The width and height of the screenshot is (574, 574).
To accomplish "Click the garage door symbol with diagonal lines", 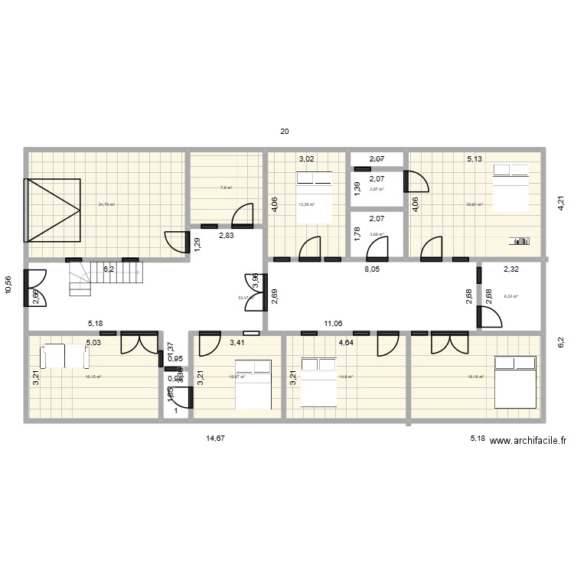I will tap(54, 209).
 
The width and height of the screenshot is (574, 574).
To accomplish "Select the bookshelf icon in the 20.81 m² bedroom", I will tap(520, 241).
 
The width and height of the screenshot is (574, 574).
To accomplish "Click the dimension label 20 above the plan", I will tap(285, 132).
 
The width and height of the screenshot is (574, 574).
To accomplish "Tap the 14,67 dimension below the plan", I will tap(216, 439).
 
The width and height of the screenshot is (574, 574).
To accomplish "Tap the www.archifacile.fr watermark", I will tap(527, 440).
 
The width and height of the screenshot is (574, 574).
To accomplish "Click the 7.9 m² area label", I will tap(227, 188).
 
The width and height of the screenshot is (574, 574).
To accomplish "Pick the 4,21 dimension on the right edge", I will tap(560, 204).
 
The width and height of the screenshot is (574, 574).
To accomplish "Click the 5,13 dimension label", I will tap(475, 160).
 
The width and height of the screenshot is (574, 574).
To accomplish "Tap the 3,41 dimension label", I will tap(238, 343).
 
